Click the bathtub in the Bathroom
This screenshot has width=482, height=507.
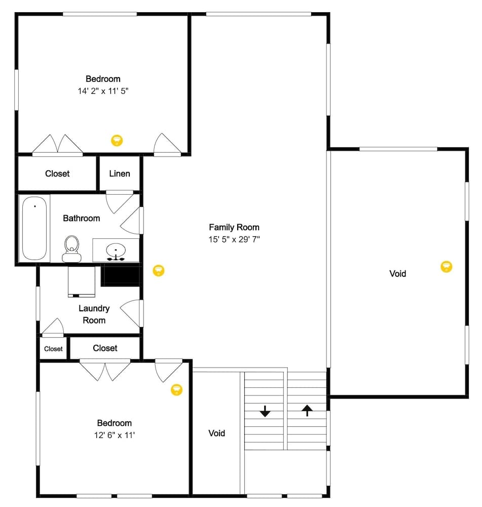[x=34, y=229]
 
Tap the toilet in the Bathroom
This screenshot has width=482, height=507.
[x=72, y=248]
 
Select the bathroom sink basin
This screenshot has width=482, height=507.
[x=117, y=250]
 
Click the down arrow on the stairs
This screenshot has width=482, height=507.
[x=265, y=411]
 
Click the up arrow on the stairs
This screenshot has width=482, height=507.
[x=307, y=410]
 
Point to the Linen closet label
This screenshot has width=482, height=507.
[x=120, y=173]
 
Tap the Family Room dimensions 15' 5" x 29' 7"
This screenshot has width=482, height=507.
[x=234, y=239]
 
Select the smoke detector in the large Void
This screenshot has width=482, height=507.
[x=446, y=266]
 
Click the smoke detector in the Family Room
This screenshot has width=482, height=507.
[x=159, y=270]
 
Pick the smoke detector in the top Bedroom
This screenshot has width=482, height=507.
[x=117, y=140]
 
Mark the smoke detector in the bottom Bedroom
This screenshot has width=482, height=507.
[x=176, y=389]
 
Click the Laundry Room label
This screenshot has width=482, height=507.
[x=94, y=314]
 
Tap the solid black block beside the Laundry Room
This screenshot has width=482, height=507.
[x=121, y=276]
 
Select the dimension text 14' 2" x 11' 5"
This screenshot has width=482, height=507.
[x=103, y=91]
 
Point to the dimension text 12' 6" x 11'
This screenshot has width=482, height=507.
[x=114, y=435]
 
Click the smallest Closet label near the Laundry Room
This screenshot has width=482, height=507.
[x=53, y=349]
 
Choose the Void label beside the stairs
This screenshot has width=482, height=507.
[x=216, y=433]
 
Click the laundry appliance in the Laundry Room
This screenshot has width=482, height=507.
[x=82, y=281]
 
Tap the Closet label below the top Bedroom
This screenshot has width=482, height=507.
[x=57, y=173]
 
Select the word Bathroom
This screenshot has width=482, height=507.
[x=81, y=218]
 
